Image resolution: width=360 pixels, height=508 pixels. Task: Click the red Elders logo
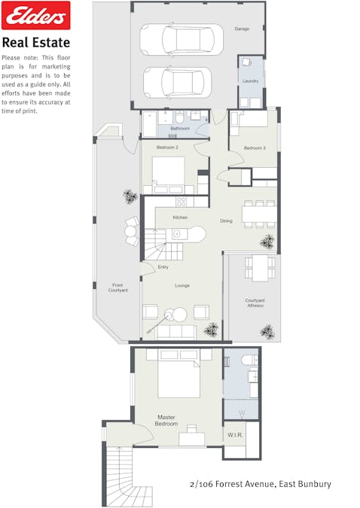(x=36, y=15)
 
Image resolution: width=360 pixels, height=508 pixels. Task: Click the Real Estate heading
(x=36, y=43)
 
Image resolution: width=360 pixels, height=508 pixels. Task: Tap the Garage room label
(x=241, y=29)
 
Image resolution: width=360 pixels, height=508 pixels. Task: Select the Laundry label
(x=250, y=81)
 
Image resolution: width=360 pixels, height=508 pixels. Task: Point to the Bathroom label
(x=180, y=129)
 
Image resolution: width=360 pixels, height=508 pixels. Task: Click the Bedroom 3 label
(x=253, y=148)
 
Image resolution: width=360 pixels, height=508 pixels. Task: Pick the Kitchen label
(x=180, y=217)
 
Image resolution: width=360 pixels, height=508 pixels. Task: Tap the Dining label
(x=226, y=221)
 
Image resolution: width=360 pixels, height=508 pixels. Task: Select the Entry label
(x=163, y=267)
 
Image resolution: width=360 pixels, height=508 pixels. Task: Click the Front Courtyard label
(x=118, y=287)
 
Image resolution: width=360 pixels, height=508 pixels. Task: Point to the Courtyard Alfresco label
(x=255, y=303)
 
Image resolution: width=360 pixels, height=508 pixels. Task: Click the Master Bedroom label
(x=167, y=420)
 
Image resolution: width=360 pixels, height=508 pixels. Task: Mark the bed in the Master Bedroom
(x=178, y=374)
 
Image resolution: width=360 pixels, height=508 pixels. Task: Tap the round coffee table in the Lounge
(x=181, y=315)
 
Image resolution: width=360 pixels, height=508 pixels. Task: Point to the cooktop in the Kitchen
(x=181, y=202)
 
